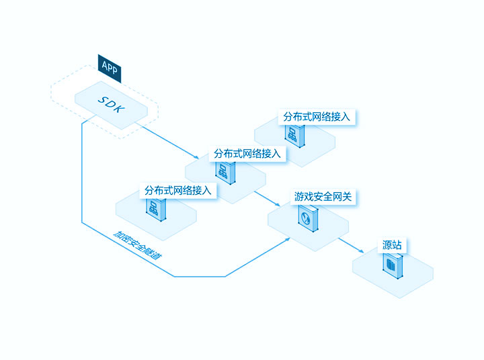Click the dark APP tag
click(x=110, y=69)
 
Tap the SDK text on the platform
click(x=112, y=104)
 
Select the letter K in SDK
click(x=120, y=109)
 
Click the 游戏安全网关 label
click(x=323, y=197)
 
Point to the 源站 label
click(x=392, y=245)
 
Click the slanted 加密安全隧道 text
click(x=137, y=245)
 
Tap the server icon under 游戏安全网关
click(x=308, y=218)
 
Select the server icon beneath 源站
click(x=393, y=265)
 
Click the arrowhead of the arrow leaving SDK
click(x=196, y=157)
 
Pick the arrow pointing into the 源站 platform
click(x=352, y=246)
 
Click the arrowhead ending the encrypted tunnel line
click(x=288, y=238)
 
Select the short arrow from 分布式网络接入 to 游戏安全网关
click(x=267, y=199)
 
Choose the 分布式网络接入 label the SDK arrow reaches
click(x=247, y=153)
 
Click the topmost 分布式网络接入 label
click(x=317, y=117)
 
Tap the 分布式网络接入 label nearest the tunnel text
click(x=178, y=190)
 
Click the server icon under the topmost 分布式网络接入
click(x=295, y=136)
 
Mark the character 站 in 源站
click(x=397, y=245)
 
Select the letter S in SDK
click(x=103, y=100)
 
